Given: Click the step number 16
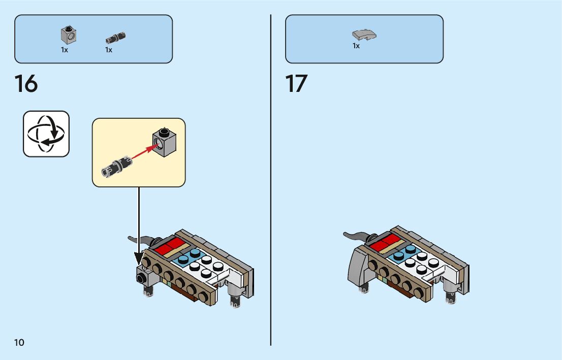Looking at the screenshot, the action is tap(26, 84).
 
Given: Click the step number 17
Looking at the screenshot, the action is tap(297, 84).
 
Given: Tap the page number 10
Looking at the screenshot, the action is tap(19, 342).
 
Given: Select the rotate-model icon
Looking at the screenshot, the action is tap(46, 134).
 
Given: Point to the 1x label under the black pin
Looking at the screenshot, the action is tap(109, 50).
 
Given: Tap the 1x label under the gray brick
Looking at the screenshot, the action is tap(65, 50).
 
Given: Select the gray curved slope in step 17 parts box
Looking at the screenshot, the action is tap(364, 35).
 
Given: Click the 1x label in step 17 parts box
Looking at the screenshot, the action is tap(356, 46).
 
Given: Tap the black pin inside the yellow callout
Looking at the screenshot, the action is tap(116, 166).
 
